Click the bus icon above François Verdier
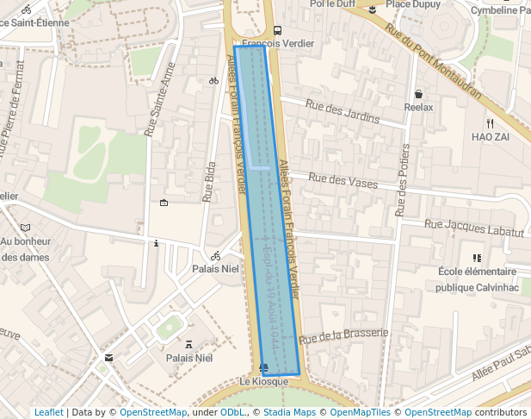click(x=277, y=30)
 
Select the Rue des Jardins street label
click(x=342, y=111)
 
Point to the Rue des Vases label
click(x=343, y=182)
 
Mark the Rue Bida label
click(x=209, y=181)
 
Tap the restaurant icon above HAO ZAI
click(x=490, y=122)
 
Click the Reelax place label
click(x=419, y=107)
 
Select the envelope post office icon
click(x=108, y=357)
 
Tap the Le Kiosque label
click(x=263, y=382)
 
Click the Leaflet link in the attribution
click(x=48, y=412)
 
